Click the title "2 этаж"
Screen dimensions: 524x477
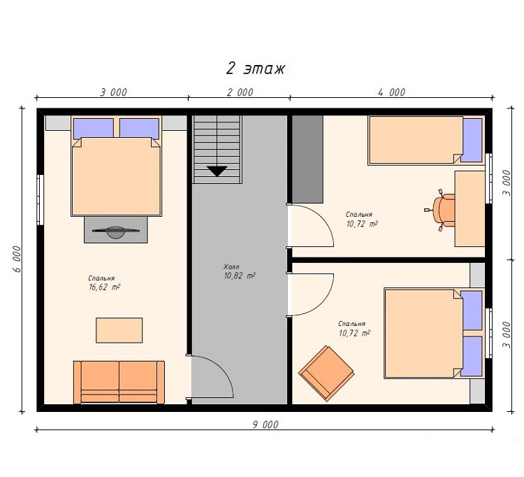(256, 69)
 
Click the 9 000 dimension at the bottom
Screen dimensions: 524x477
(265, 425)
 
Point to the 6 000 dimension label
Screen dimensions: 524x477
(17, 259)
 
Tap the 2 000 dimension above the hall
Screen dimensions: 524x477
(240, 92)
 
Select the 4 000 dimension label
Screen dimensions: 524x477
(392, 92)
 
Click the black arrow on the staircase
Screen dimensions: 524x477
(217, 171)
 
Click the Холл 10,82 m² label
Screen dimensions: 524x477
(239, 271)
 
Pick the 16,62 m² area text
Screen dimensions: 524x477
(104, 287)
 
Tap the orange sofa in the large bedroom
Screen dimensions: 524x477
(119, 383)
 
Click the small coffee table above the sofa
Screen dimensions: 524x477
(119, 330)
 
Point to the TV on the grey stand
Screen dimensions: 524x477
(115, 232)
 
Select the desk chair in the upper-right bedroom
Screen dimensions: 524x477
(441, 210)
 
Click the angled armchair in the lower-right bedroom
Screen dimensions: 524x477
(326, 373)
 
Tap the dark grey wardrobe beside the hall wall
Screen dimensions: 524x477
(307, 159)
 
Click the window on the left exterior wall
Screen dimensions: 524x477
(40, 200)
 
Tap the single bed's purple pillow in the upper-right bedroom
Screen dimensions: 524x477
(472, 140)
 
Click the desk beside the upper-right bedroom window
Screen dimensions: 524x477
(470, 208)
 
